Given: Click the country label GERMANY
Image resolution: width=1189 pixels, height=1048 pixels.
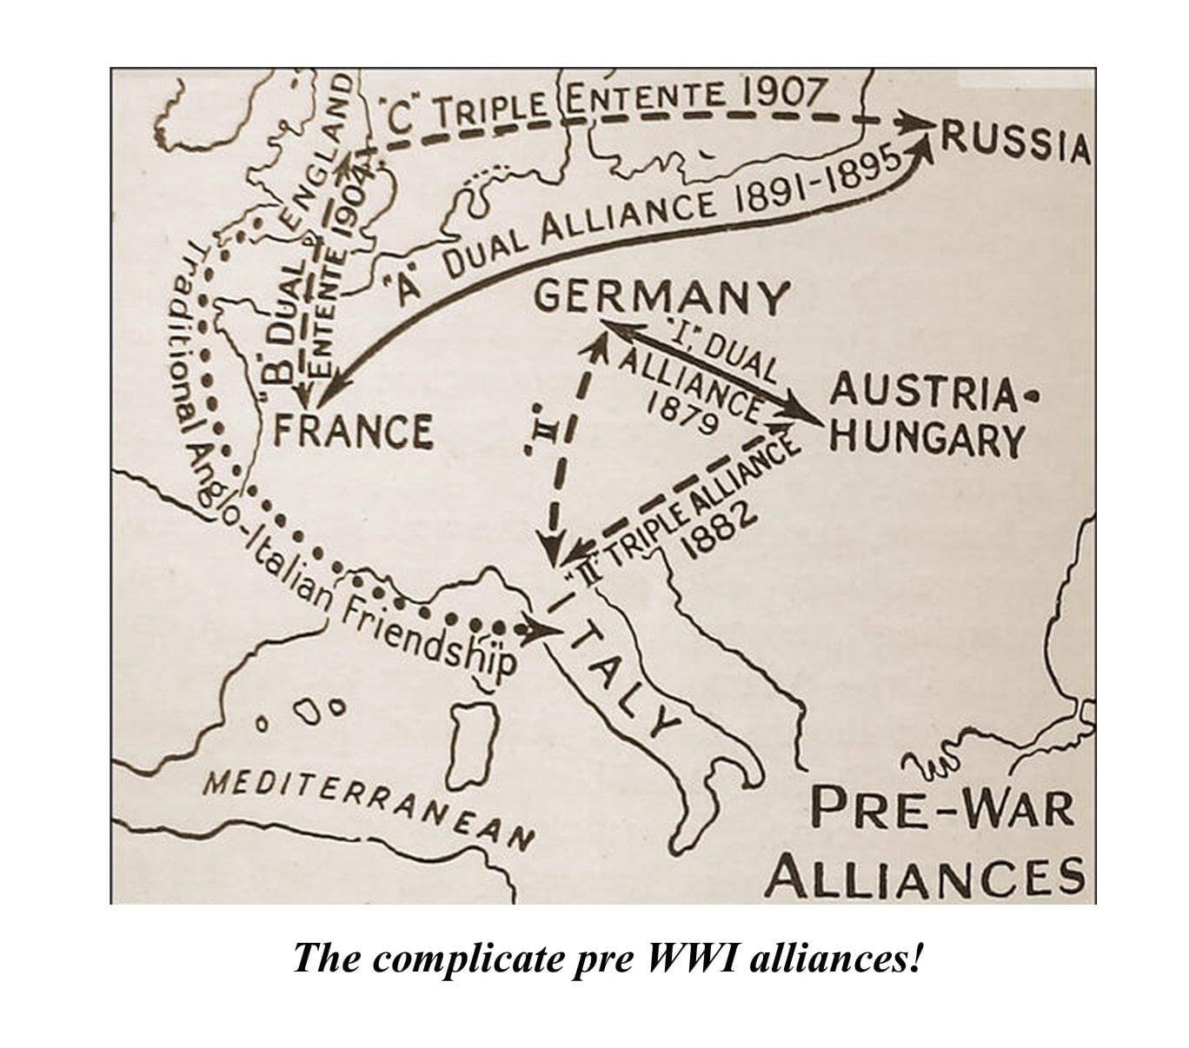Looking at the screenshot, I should tap(661, 298).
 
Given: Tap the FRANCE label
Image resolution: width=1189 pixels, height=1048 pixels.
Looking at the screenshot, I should tap(354, 431).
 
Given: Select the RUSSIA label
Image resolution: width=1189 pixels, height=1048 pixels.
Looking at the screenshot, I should tap(1014, 143).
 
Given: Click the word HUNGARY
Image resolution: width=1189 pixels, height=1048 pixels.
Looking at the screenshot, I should tap(927, 439).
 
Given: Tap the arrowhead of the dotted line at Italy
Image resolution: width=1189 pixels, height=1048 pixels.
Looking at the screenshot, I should tap(548, 628).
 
